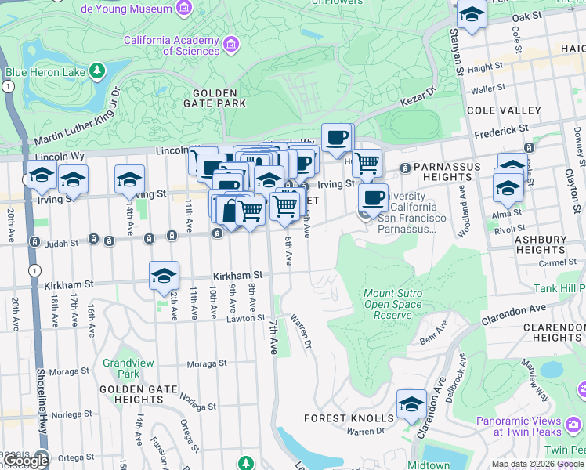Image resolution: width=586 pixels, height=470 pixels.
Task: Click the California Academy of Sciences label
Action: click(x=171, y=45)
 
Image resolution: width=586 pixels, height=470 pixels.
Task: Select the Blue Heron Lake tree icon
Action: click(x=97, y=72)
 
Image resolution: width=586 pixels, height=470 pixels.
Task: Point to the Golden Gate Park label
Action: click(x=214, y=97)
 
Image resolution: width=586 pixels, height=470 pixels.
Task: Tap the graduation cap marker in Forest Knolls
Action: click(x=411, y=404)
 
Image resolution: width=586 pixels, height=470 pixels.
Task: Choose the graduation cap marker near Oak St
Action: click(x=471, y=15)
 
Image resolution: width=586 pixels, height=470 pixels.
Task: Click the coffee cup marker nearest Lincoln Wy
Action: click(x=337, y=139)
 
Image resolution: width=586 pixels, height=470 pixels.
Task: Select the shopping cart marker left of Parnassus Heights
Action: click(x=367, y=164)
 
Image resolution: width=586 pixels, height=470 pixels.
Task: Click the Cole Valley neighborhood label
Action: click(x=503, y=110)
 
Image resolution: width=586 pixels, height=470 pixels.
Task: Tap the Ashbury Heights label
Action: click(x=541, y=244)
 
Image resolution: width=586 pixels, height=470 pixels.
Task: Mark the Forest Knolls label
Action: click(x=336, y=418)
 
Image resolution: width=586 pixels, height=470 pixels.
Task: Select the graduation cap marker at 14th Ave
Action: click(x=129, y=179)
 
